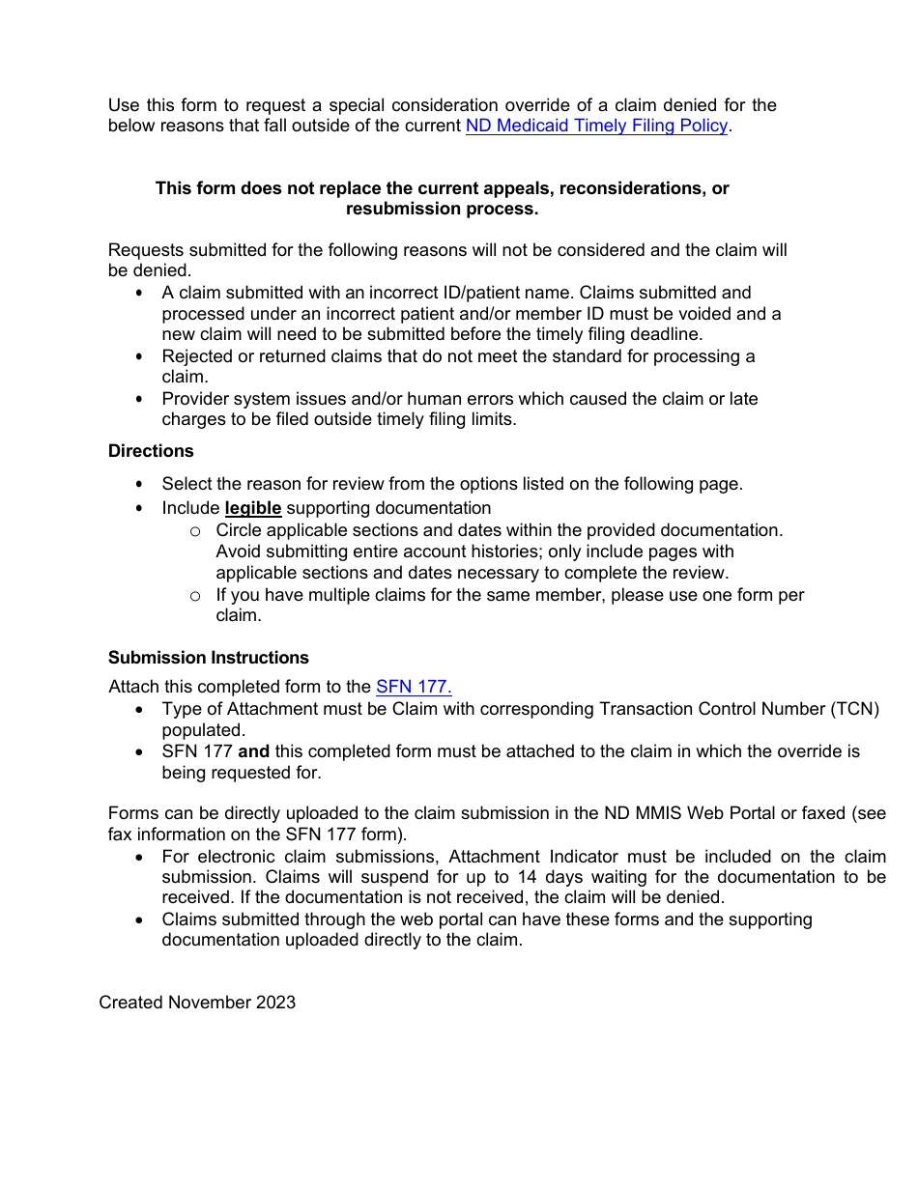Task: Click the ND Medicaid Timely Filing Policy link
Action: coord(596,126)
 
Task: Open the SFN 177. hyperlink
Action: coord(414,687)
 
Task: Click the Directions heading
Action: coord(151,451)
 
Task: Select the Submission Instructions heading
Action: coord(209,658)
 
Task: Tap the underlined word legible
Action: coord(253,508)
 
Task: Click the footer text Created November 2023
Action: coord(197,1003)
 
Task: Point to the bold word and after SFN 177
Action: coord(254,751)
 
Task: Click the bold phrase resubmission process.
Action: coord(442,209)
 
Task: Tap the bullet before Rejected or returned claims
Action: coord(141,357)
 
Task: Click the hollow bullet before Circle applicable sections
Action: coord(195,531)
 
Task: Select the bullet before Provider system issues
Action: coord(141,400)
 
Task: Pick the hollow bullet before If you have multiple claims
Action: coord(195,596)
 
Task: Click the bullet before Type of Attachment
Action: coord(141,710)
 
